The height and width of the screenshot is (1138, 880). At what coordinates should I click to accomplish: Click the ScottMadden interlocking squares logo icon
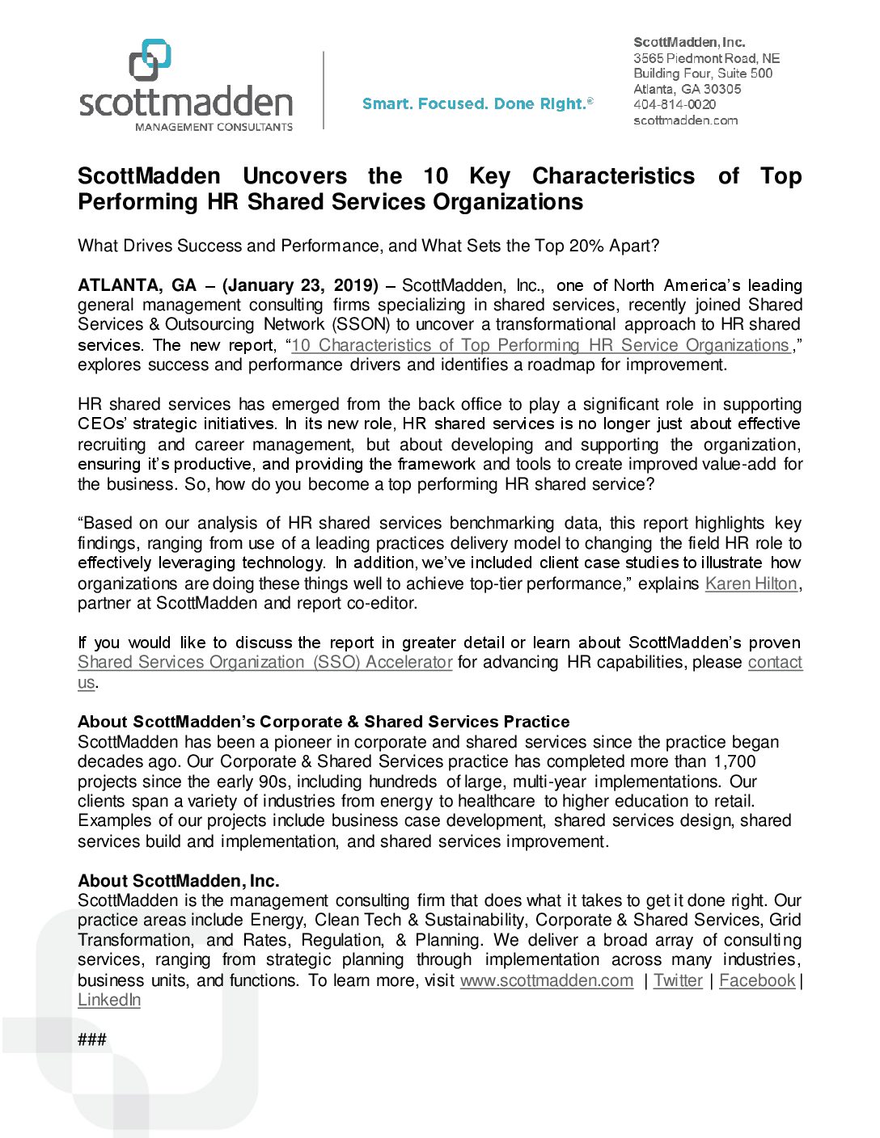click(150, 60)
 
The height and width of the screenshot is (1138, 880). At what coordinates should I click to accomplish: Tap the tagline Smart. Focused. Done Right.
click(477, 104)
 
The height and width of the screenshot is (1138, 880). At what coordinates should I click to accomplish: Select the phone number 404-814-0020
click(675, 104)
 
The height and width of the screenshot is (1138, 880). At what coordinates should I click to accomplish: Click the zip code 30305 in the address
click(722, 89)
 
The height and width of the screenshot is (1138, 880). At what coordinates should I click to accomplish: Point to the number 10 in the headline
click(435, 176)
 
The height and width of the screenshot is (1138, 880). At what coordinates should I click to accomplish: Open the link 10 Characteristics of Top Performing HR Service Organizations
click(539, 345)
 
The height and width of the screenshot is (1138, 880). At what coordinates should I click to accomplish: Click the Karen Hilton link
click(751, 584)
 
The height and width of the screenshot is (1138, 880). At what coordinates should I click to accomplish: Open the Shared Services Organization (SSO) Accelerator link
click(264, 663)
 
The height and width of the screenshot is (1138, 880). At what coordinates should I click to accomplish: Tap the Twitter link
click(678, 980)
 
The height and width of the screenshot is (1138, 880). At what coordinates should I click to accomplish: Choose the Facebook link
click(757, 980)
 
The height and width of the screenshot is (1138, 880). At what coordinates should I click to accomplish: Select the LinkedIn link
click(109, 1000)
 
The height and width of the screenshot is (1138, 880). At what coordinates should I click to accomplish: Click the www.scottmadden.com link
click(547, 980)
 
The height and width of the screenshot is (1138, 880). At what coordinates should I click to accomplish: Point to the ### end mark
click(92, 1039)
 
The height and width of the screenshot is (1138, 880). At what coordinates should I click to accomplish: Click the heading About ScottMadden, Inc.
click(179, 881)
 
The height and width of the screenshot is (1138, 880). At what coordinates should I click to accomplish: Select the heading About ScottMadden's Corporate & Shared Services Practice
click(324, 722)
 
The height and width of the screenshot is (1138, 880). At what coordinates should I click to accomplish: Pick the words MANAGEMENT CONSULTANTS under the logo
click(214, 127)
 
